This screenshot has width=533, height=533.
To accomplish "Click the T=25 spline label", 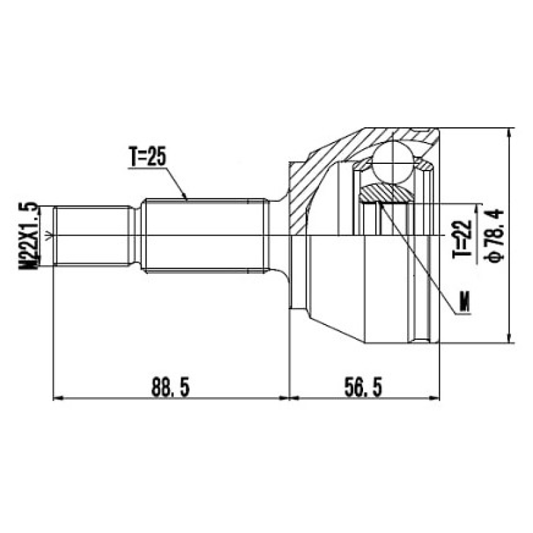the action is point(147,157).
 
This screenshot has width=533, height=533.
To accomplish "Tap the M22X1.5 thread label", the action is point(29,236).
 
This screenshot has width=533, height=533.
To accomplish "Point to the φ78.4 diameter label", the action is point(496,236).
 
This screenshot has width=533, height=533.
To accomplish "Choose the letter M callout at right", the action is point(464,302).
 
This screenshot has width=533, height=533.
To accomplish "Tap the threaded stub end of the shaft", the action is point(92,236).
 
